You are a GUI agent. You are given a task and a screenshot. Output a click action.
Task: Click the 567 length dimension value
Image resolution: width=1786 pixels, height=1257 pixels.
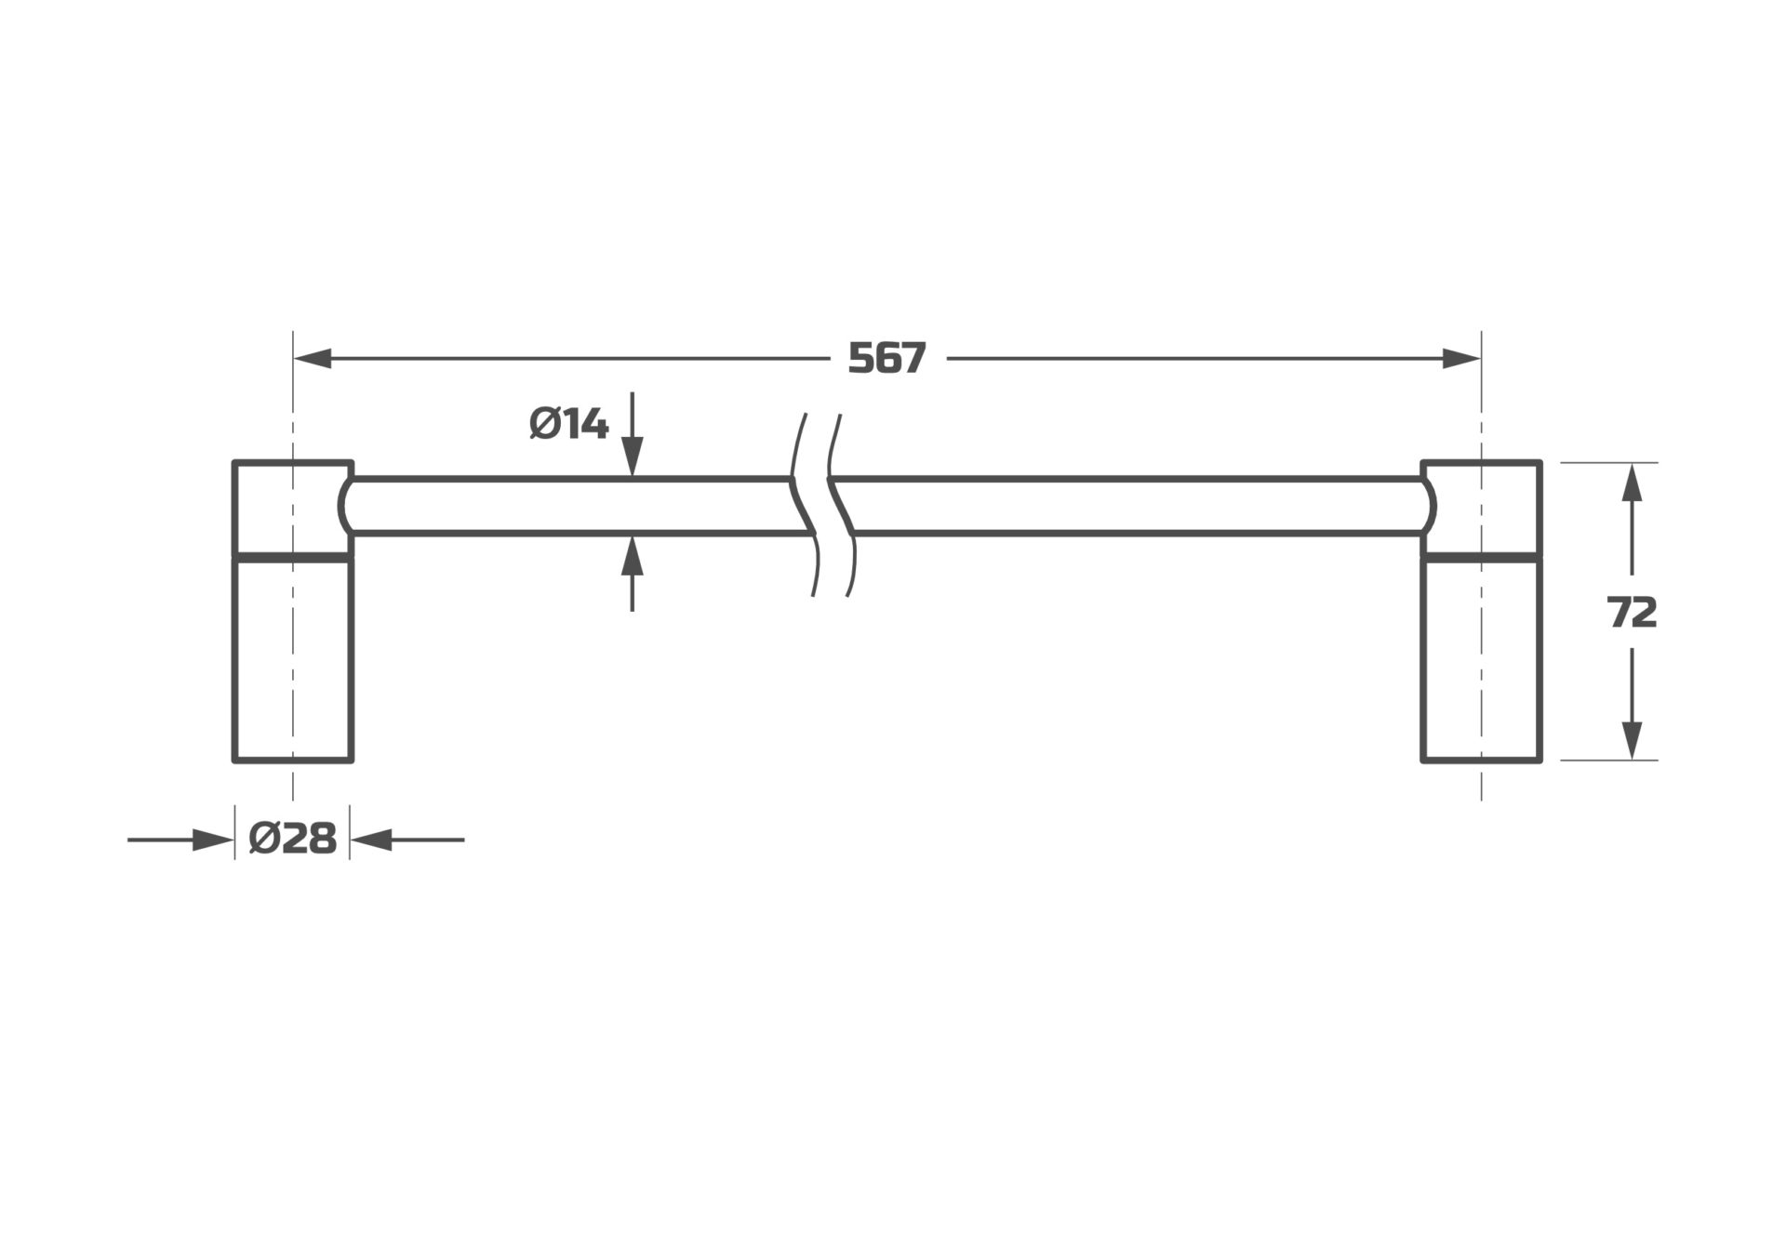click(x=887, y=359)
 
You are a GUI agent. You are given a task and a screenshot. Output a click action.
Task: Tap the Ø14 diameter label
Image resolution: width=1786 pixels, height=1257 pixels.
click(x=568, y=425)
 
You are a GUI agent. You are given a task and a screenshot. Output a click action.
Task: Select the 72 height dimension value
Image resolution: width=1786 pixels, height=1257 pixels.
click(x=1632, y=613)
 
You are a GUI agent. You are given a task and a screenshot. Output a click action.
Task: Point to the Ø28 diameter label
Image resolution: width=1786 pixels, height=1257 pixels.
click(x=293, y=840)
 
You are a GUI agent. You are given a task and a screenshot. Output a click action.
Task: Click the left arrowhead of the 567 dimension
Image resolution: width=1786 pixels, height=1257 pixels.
click(x=313, y=359)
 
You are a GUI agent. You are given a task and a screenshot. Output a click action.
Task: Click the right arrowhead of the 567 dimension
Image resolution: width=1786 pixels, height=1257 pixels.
click(x=1461, y=359)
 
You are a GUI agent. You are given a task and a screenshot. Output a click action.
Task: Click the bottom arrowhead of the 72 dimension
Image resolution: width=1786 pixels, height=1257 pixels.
click(x=1632, y=741)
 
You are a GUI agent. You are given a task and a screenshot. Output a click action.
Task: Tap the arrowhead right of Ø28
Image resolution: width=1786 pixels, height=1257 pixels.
click(x=369, y=840)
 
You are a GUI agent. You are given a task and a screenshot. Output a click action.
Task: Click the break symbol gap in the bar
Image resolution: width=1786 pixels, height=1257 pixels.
click(x=822, y=507)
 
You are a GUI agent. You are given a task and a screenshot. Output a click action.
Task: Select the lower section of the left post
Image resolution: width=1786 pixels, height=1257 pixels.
click(x=293, y=660)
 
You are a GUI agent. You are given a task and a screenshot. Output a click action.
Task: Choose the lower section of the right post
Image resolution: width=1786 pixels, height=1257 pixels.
click(x=1481, y=660)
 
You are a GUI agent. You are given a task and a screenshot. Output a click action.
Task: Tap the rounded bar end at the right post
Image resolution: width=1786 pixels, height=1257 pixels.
click(x=1428, y=507)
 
